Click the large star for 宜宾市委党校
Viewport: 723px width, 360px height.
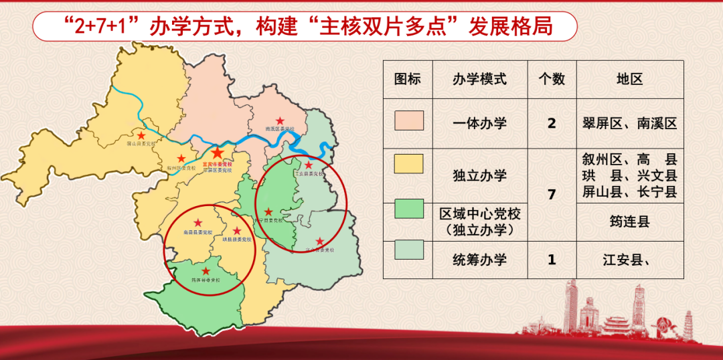pos(218,153)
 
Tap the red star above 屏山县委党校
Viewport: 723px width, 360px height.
pos(142,132)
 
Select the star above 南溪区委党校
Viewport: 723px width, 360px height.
pos(280,120)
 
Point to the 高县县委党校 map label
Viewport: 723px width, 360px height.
pos(197,232)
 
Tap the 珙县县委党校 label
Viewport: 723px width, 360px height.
pos(238,238)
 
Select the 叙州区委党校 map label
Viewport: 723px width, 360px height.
pos(182,168)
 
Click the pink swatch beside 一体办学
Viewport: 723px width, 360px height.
pos(408,123)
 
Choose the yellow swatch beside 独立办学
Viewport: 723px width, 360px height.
pos(408,163)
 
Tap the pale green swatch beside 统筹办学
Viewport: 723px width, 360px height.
pos(408,249)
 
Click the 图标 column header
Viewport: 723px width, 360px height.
pos(408,79)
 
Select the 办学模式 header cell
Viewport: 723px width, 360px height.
pos(479,79)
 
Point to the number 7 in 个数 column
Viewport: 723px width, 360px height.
pos(552,195)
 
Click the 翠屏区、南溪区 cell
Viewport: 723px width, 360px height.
pos(630,123)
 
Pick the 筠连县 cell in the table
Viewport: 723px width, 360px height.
pos(630,221)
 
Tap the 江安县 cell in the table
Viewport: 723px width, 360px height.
pos(630,260)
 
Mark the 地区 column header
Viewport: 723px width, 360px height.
pos(630,79)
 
